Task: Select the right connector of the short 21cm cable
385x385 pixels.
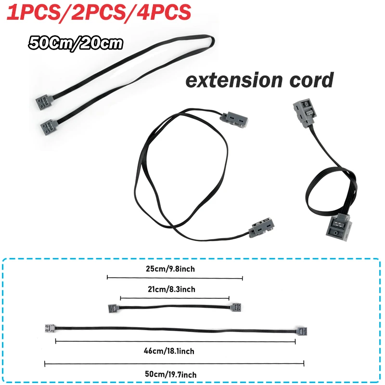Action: click(236, 307)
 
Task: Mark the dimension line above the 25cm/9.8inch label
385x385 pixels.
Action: click(175, 278)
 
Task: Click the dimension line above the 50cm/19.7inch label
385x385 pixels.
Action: click(175, 363)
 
